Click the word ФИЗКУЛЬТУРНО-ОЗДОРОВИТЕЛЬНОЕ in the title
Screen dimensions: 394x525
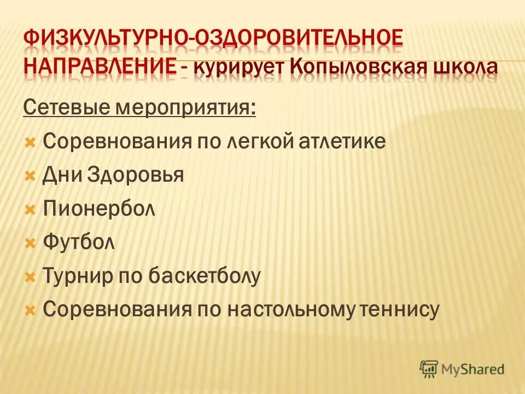(x=213, y=40)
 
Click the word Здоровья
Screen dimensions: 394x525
(x=138, y=176)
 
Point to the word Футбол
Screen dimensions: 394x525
(x=79, y=242)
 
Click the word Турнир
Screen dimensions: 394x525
(x=75, y=276)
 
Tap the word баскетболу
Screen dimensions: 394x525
(x=204, y=276)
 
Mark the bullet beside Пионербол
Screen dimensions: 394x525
(x=31, y=210)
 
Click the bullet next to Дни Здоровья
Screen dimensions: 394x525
(x=31, y=176)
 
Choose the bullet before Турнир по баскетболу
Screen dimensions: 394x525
(x=31, y=277)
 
